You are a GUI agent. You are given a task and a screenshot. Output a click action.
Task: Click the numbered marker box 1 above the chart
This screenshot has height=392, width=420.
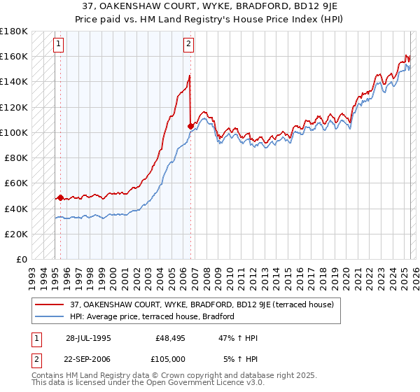tap(58, 44)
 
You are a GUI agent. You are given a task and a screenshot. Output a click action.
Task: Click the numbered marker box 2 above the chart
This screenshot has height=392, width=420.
tap(188, 44)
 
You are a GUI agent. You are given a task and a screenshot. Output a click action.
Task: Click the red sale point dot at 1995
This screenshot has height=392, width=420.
tap(61, 197)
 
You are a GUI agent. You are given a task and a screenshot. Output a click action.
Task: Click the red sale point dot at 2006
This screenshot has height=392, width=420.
tap(190, 126)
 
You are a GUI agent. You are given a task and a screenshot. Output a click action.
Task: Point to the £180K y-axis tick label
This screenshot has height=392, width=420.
tap(14, 31)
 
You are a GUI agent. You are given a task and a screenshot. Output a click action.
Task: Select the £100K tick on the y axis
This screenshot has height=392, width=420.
tap(14, 132)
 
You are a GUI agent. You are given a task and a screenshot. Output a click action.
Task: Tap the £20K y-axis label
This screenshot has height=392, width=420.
tap(16, 234)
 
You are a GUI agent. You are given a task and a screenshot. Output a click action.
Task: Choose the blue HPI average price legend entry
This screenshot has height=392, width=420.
tap(155, 317)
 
